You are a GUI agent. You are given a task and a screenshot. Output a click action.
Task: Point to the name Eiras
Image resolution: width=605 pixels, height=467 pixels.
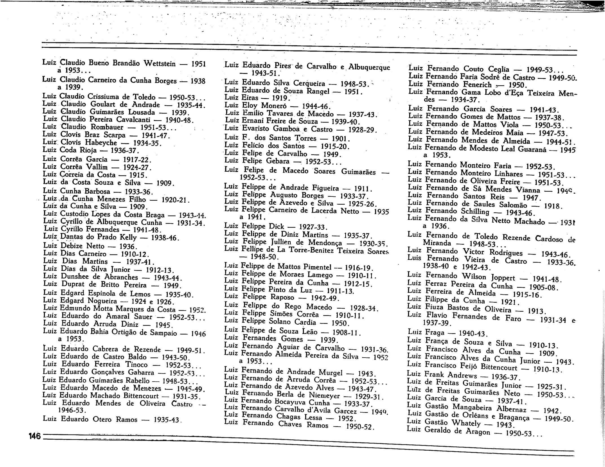tap(250, 98)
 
